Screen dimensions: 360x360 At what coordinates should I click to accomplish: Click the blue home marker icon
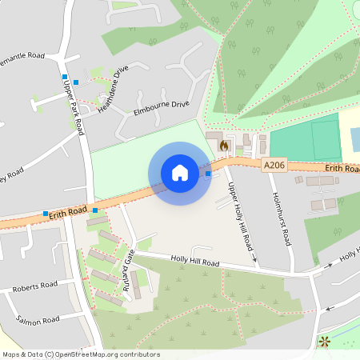(180, 173)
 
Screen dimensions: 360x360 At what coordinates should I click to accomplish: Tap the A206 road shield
(274, 165)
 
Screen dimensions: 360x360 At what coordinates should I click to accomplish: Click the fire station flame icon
(224, 146)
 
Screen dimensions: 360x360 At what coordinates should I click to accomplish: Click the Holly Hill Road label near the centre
(195, 262)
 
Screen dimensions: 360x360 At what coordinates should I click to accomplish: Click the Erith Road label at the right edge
(342, 169)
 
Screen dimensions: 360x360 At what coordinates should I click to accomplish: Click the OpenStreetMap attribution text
(81, 354)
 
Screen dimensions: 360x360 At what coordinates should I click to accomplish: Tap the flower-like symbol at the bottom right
(325, 342)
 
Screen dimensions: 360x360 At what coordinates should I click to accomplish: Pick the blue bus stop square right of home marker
(208, 173)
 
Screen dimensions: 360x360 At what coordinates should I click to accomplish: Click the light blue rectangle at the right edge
(355, 138)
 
